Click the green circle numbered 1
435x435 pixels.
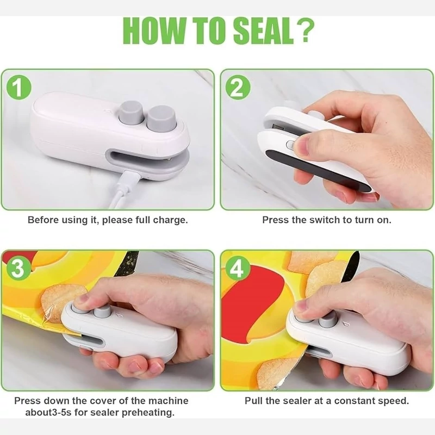click(18, 88)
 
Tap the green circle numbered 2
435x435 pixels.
click(238, 88)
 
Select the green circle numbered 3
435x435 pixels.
click(18, 268)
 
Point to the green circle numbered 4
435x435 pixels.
click(237, 268)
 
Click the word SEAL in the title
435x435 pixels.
click(263, 31)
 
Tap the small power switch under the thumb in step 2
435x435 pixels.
click(291, 145)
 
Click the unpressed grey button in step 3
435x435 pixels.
click(102, 312)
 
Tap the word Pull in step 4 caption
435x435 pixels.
click(253, 401)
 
